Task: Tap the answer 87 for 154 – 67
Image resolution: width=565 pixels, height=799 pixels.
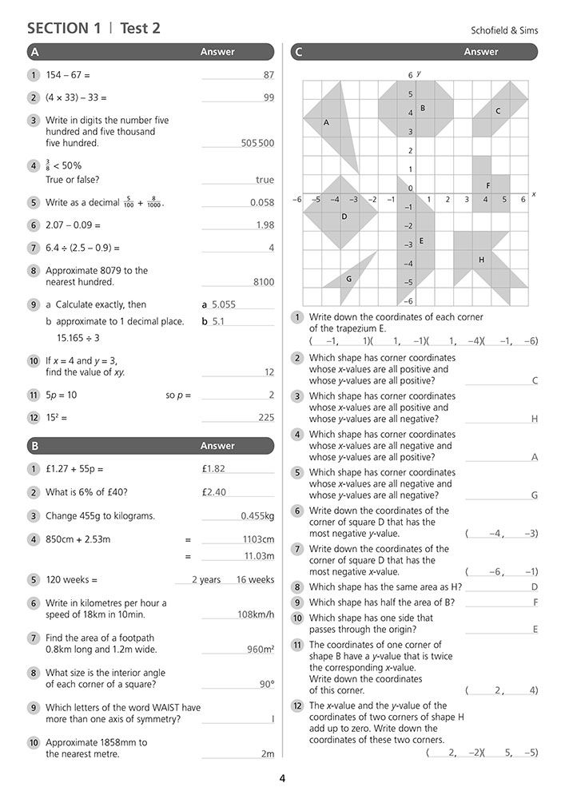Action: coord(269,75)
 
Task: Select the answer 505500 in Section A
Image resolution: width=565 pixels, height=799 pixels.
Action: coord(257,144)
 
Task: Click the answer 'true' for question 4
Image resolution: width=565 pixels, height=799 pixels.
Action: coord(265,181)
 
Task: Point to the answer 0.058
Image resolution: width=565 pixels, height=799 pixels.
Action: coord(262,203)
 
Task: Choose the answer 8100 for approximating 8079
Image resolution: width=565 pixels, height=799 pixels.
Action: coord(263,282)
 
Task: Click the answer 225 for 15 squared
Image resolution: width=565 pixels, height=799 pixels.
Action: coord(266,417)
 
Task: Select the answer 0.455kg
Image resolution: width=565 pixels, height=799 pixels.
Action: coord(257,516)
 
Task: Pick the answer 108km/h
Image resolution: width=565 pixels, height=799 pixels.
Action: coord(256,614)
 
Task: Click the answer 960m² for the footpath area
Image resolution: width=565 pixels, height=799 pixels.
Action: coord(261,650)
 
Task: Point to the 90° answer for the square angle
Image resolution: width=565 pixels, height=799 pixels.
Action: coord(267,684)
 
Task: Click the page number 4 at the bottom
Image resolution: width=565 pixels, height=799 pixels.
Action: coord(282,779)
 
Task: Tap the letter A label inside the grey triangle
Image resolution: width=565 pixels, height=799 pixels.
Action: coord(326,122)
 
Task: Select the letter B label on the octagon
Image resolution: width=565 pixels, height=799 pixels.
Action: coord(422,108)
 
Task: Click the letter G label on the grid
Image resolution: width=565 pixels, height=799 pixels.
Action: coord(348,279)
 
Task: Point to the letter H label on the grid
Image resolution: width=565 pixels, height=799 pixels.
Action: coord(481,260)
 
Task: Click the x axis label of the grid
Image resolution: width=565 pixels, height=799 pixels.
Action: coord(533,194)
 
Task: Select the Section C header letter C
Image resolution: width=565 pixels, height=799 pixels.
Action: coord(299,52)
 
